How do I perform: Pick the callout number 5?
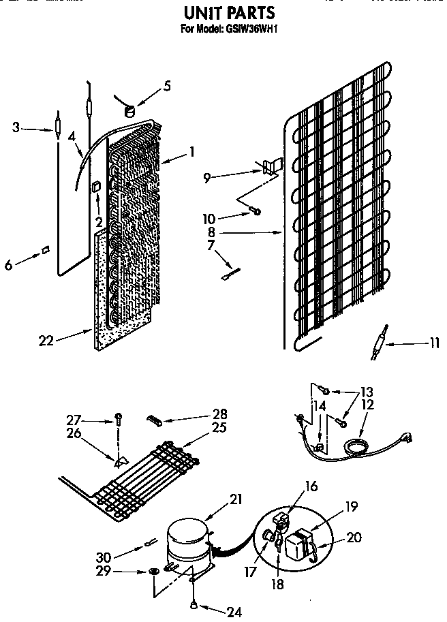click(167, 87)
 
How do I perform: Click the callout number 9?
click(206, 178)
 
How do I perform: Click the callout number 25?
click(219, 427)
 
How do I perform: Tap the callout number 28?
click(219, 414)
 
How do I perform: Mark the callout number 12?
click(368, 404)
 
